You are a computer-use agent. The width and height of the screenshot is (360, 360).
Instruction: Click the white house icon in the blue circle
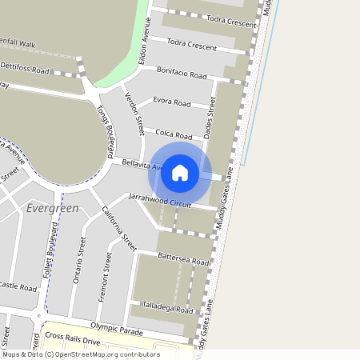tap(180, 171)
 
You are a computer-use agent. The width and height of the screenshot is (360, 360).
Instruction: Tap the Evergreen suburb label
tap(52, 208)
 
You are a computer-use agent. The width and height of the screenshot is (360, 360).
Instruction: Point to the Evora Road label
tap(171, 103)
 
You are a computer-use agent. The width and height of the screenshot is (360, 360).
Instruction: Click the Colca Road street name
tap(174, 135)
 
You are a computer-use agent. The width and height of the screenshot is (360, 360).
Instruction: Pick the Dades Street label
tap(210, 118)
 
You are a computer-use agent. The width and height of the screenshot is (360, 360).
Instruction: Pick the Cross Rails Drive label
tap(73, 339)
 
